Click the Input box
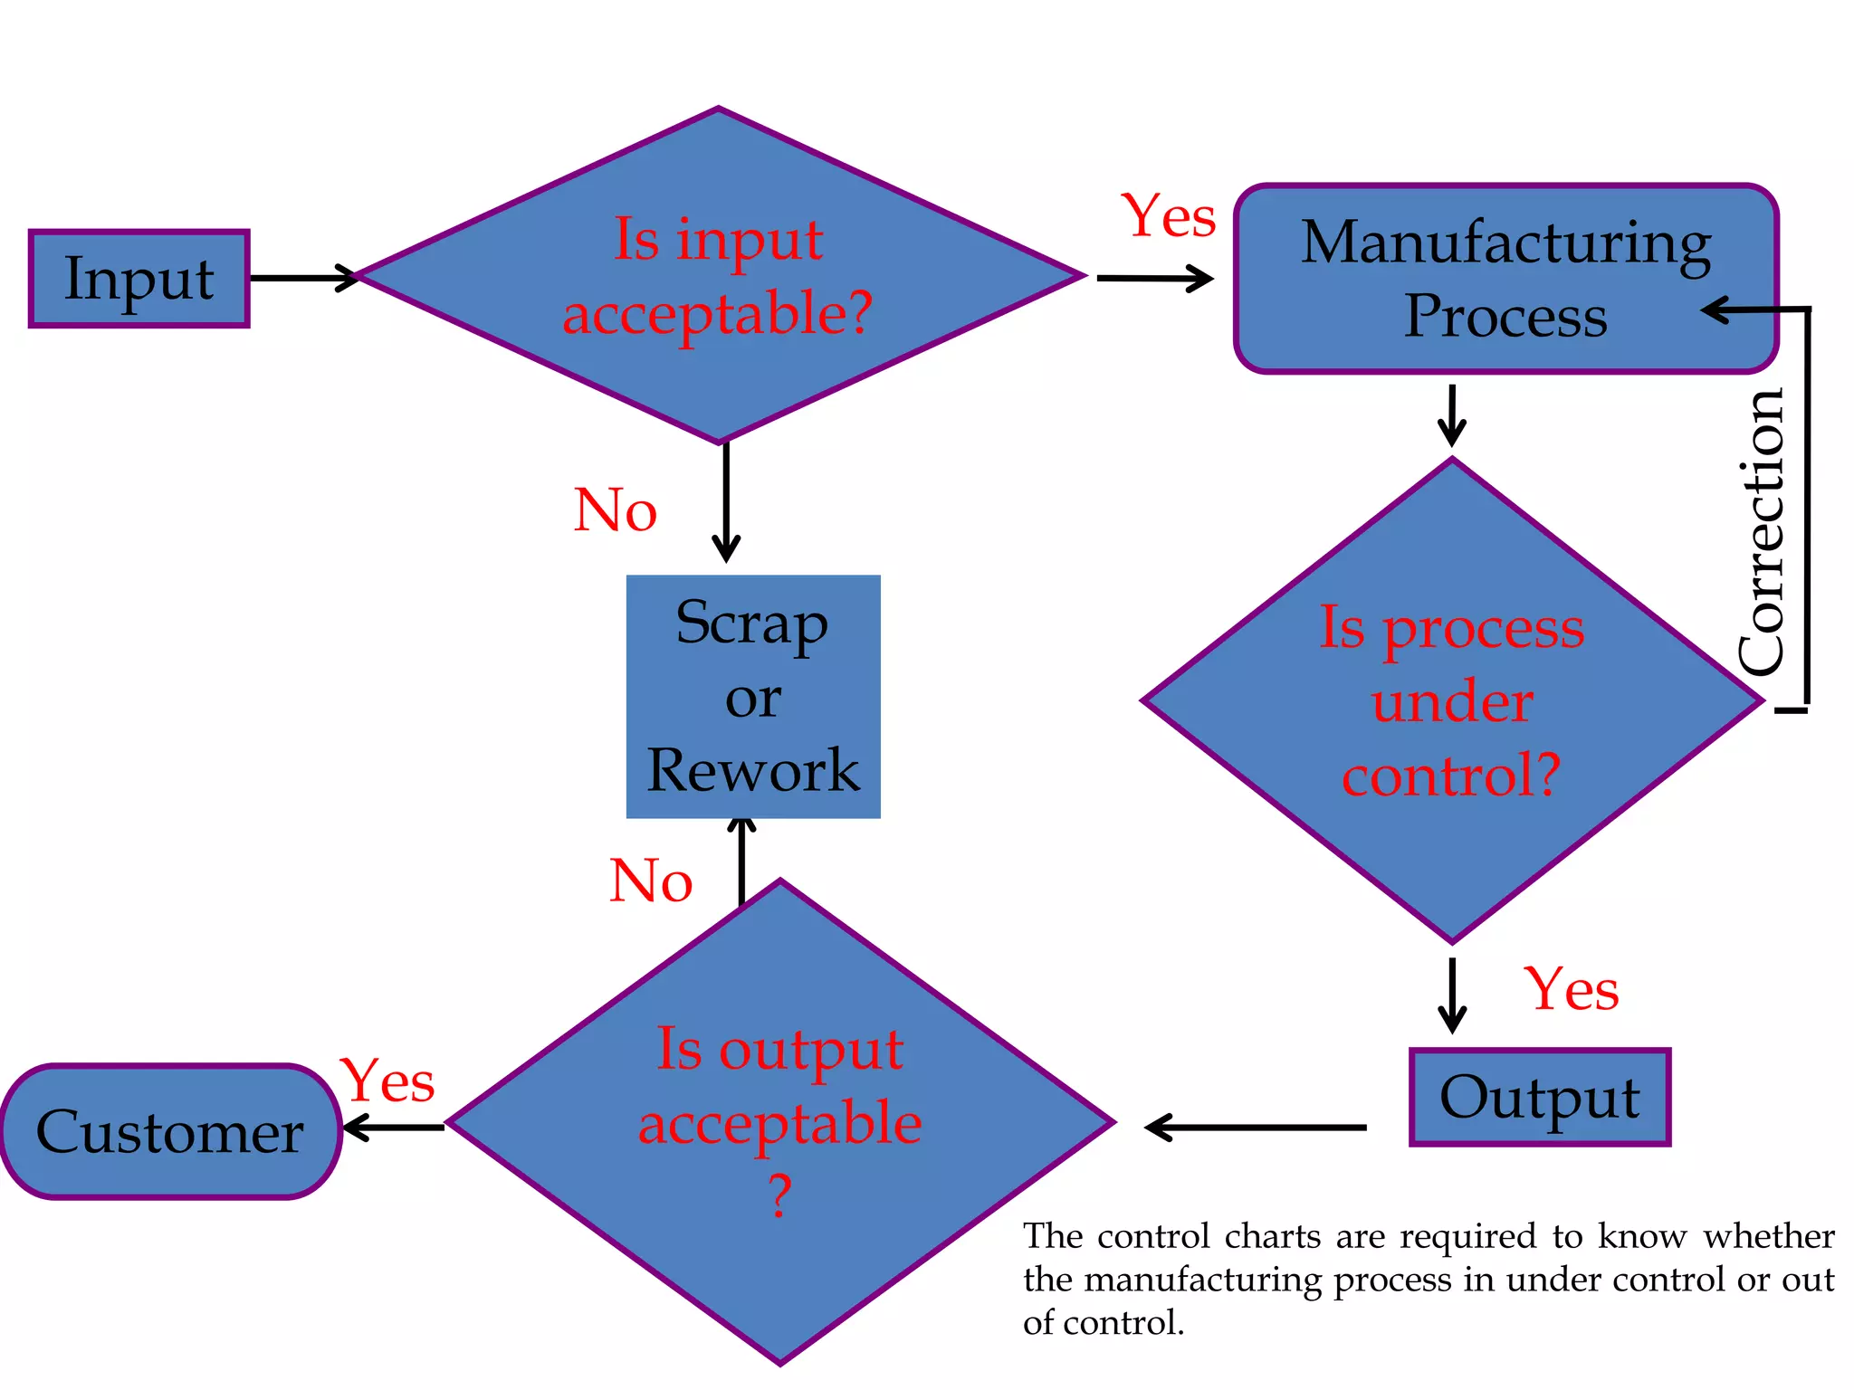click(139, 279)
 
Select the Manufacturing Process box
click(1505, 279)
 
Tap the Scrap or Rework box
click(752, 697)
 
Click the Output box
click(1539, 1098)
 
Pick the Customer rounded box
click(170, 1132)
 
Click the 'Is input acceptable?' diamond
click(718, 276)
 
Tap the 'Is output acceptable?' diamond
click(779, 1122)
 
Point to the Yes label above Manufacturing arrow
click(1168, 217)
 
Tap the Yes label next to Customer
click(387, 1081)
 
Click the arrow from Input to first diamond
click(303, 278)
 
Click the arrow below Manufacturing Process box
click(1451, 415)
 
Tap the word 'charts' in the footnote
click(1272, 1236)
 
